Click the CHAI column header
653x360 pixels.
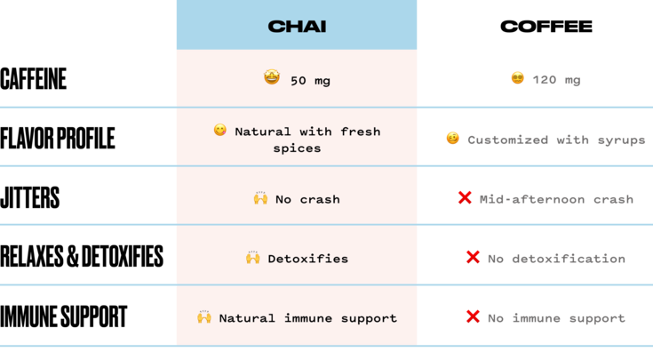[x=297, y=27]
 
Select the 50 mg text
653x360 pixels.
[x=310, y=81]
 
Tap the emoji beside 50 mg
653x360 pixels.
[x=272, y=77]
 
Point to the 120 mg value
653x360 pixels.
[x=556, y=80]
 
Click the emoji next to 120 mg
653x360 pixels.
[x=517, y=78]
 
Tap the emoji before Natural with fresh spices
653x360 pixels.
[x=220, y=130]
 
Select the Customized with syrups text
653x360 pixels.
[x=556, y=140]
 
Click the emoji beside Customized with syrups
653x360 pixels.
[x=452, y=139]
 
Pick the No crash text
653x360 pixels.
[x=307, y=199]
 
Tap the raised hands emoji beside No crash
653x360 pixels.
[x=260, y=198]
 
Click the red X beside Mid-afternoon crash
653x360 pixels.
[x=465, y=197]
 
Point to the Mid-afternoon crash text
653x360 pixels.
[x=556, y=199]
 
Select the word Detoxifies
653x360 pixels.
[x=307, y=259]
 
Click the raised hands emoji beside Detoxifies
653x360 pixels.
[x=253, y=258]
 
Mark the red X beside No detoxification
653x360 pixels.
[x=473, y=257]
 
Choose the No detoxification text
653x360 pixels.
[x=556, y=259]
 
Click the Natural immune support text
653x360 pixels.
[x=307, y=318]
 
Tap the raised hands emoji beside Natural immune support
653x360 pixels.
[x=204, y=317]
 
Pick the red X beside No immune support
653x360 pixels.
[x=473, y=316]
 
